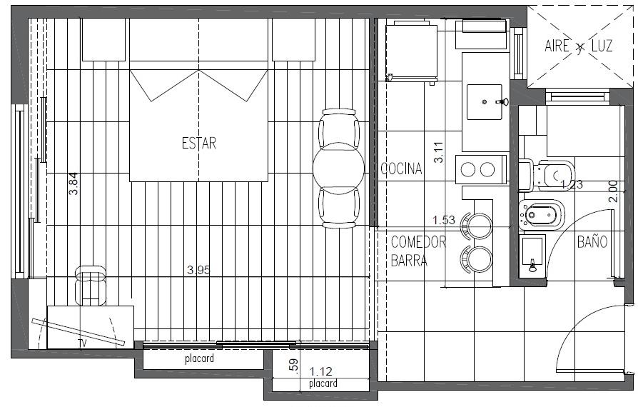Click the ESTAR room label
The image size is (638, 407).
tap(199, 144)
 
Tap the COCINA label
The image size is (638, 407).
tap(401, 169)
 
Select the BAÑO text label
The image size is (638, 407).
tap(592, 242)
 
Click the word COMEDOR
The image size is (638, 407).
tap(418, 242)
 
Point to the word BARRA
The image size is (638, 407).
tap(409, 261)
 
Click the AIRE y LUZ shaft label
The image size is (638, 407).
tap(579, 46)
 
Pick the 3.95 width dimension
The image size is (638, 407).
tap(198, 270)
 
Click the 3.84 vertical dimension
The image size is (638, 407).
tap(74, 184)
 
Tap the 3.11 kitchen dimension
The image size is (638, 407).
tap(439, 152)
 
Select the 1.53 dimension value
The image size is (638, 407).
tap(443, 220)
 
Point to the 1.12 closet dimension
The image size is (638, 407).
tap(320, 371)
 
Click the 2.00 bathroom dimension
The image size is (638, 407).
tap(613, 191)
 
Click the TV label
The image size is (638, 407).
tap(83, 343)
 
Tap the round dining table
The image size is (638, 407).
tap(338, 168)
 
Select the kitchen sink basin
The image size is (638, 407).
tap(484, 101)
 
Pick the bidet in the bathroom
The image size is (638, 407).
tap(541, 213)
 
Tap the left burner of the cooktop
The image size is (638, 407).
tap(468, 169)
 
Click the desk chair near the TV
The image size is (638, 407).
tap(91, 285)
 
